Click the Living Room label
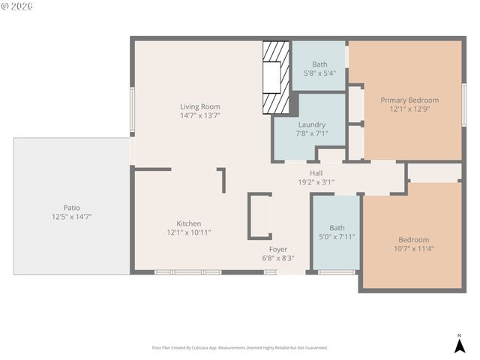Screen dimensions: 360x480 199,106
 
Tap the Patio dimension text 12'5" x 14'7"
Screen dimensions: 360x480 67,217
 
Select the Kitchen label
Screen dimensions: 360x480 188,223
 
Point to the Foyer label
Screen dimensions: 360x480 278,249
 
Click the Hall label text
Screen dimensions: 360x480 316,172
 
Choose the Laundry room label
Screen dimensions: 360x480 311,124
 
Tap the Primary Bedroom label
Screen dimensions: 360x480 409,100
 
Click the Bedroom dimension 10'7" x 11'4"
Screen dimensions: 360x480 413,249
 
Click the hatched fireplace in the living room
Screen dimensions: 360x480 275,77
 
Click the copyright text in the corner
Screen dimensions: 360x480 16,6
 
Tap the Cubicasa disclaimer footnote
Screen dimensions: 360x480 239,348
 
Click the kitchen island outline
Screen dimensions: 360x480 259,216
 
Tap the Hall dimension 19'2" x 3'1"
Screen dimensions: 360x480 316,181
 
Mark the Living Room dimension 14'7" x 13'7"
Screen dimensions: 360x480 199,115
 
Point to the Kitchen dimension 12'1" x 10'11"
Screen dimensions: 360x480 188,232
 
